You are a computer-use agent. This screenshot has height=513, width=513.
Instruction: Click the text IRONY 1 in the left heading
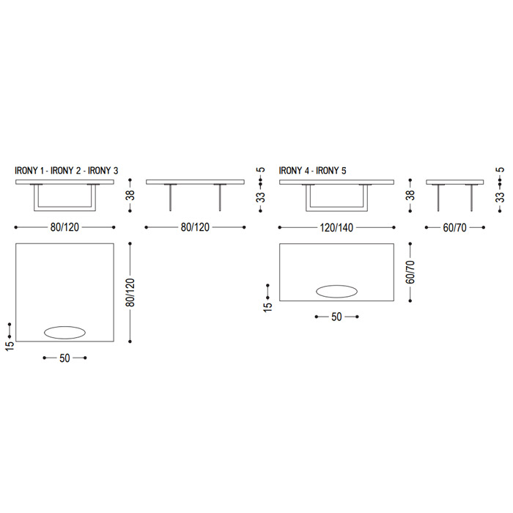click(29, 171)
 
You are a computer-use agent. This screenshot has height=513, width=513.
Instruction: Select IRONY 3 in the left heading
click(103, 171)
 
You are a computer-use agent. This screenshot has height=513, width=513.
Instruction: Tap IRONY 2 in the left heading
click(65, 171)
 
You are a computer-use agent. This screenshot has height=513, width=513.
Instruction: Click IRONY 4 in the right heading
click(294, 171)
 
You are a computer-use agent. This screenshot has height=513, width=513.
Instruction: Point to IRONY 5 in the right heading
click(331, 171)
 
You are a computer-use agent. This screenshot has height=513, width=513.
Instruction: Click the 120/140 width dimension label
click(336, 227)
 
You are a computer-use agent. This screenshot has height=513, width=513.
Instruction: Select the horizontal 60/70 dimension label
click(455, 227)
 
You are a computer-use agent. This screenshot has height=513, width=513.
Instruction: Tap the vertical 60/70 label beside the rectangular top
click(410, 272)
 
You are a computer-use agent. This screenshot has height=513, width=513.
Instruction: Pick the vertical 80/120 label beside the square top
click(130, 292)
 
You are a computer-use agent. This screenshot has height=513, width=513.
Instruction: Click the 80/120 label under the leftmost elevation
click(64, 227)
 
